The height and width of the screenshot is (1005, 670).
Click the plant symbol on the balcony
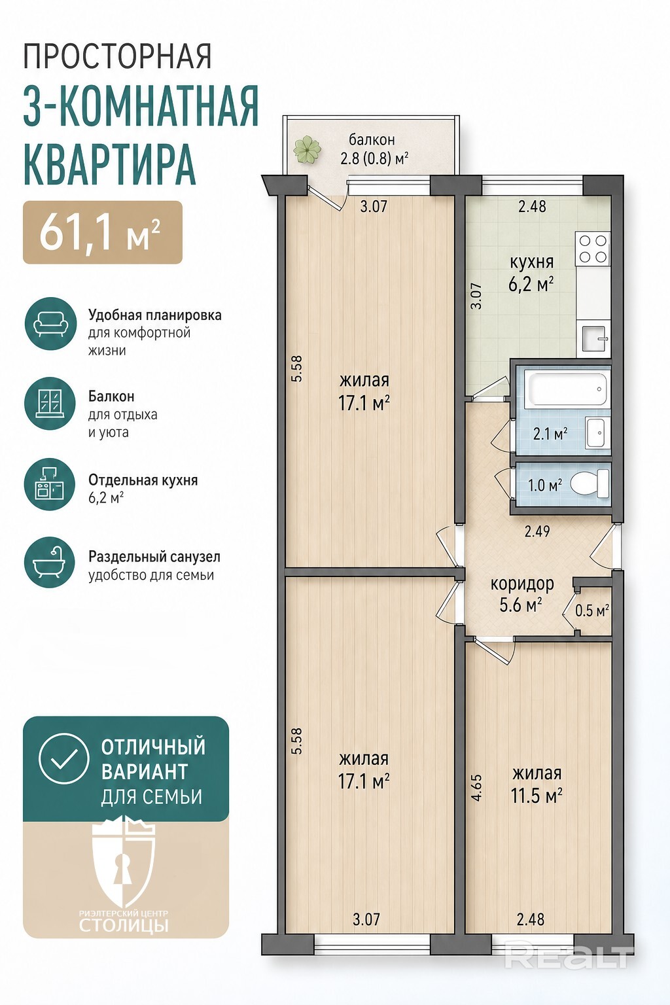point(307,149)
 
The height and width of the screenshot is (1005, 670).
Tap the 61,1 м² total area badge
point(103,232)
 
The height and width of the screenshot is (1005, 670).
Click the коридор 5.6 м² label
point(522,594)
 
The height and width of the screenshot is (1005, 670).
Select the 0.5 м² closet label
point(592,610)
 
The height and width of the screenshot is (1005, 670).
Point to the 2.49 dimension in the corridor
point(537,531)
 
